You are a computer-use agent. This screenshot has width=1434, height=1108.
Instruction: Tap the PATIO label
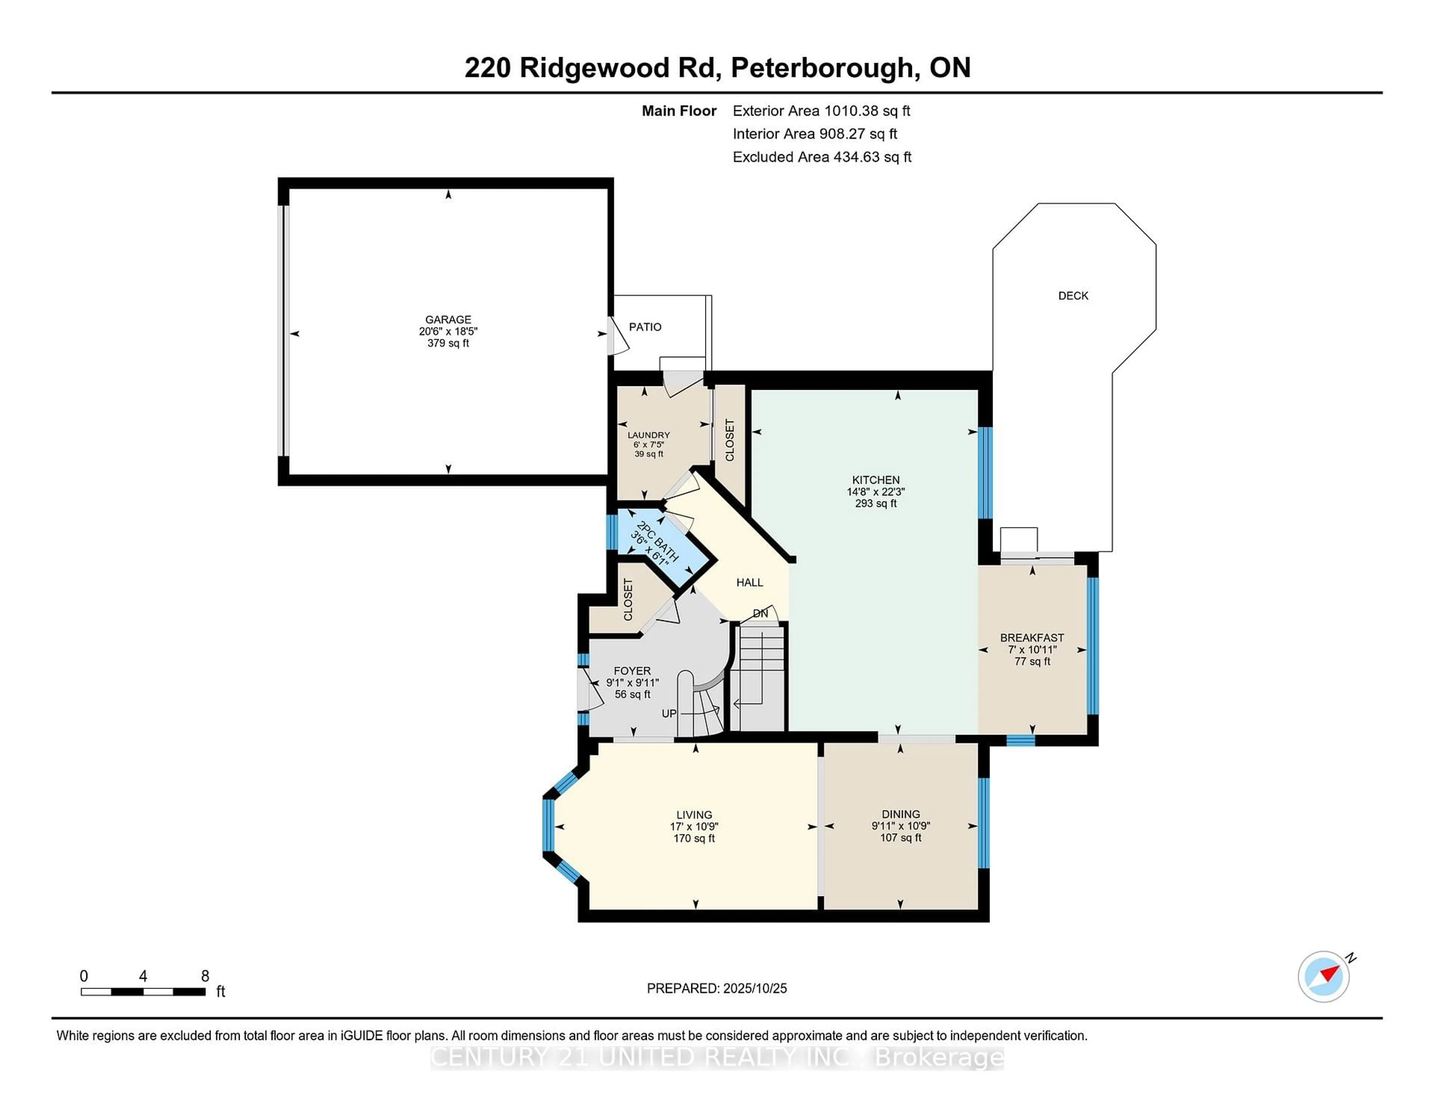pyautogui.click(x=645, y=327)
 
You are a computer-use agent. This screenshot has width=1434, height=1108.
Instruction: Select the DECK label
pyautogui.click(x=1073, y=296)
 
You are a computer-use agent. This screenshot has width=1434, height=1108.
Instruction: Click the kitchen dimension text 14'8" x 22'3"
pyautogui.click(x=875, y=492)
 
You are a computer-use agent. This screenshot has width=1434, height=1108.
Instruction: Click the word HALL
pyautogui.click(x=749, y=582)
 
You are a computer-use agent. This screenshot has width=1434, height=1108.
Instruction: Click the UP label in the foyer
pyautogui.click(x=668, y=713)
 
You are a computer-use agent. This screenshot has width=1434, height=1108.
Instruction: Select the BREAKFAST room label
pyautogui.click(x=1031, y=637)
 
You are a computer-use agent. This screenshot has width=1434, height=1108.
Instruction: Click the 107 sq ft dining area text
pyautogui.click(x=900, y=838)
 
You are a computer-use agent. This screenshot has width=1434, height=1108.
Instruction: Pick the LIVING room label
pyautogui.click(x=694, y=815)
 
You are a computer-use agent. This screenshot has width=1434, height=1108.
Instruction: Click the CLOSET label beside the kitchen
pyautogui.click(x=729, y=440)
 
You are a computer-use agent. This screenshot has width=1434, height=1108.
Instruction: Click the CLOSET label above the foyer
pyautogui.click(x=628, y=599)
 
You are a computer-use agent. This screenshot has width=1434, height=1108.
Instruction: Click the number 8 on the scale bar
pyautogui.click(x=205, y=976)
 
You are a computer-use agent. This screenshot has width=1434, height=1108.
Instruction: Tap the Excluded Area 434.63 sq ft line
pyautogui.click(x=822, y=157)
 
